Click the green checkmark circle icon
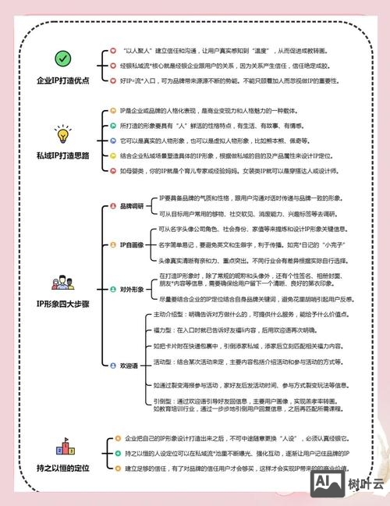[62, 58]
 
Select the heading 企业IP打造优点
[62, 80]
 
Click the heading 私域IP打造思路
[62, 155]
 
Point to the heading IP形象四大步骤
[62, 303]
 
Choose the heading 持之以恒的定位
[62, 468]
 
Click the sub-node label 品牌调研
[131, 206]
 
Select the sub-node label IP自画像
[131, 244]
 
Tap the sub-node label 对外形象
[131, 288]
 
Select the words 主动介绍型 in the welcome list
[160, 313]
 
